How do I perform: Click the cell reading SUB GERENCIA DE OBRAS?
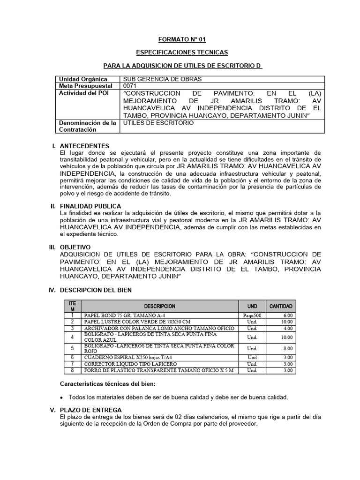(x=157, y=79)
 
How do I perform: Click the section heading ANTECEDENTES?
(x=84, y=146)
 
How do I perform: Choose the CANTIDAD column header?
(x=281, y=306)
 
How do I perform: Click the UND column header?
(x=252, y=306)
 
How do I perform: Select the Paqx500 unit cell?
(x=252, y=315)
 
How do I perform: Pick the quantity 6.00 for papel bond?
(x=288, y=315)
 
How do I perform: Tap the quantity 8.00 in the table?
(x=288, y=348)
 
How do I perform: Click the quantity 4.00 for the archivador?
(x=288, y=329)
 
